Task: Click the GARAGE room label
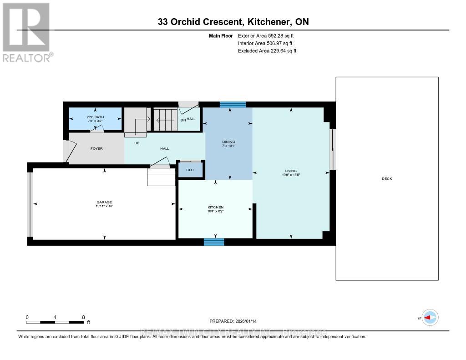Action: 104,203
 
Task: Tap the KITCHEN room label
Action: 216,208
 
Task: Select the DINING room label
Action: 229,142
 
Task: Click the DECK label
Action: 387,179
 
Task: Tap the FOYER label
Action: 96,148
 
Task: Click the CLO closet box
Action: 190,170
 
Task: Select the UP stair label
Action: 136,142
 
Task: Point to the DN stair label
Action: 183,120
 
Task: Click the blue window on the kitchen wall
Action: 214,242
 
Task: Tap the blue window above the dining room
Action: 233,104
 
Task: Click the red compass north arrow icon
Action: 430,318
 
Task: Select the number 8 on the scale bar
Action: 83,317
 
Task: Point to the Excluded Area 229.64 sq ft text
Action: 267,51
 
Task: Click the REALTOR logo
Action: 27,32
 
